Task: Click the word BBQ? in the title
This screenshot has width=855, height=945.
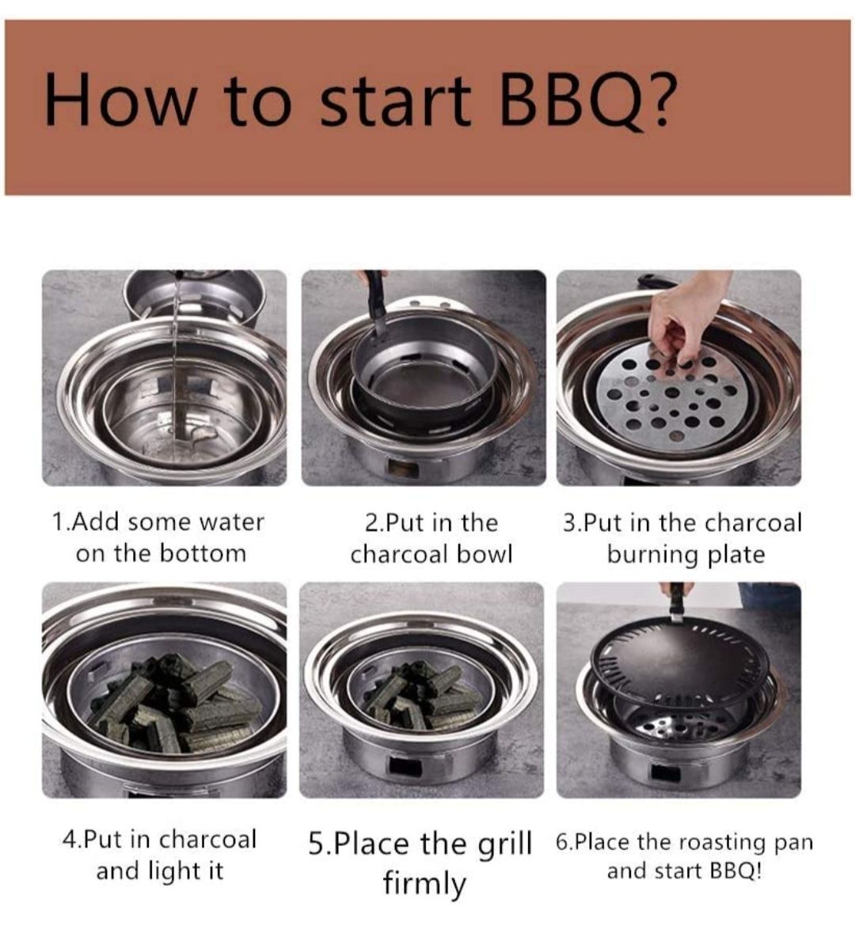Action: [586, 101]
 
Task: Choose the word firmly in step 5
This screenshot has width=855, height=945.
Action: [424, 885]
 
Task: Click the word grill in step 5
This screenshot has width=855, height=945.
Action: [505, 844]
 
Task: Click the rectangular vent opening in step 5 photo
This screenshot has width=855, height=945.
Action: [405, 767]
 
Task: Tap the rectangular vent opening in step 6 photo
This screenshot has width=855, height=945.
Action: [664, 773]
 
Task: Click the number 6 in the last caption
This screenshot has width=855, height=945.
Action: [560, 843]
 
